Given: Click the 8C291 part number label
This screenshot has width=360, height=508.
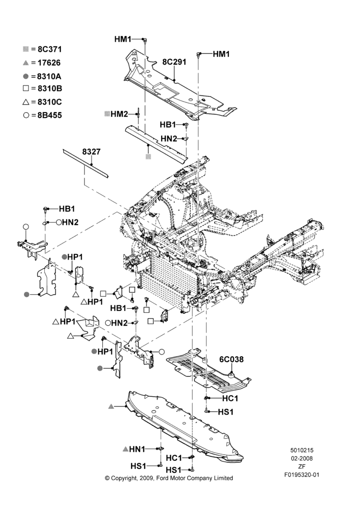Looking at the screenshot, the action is point(174,62).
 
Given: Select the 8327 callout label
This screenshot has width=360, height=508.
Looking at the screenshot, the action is point(91,151).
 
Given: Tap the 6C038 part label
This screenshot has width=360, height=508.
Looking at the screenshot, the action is point(231,359).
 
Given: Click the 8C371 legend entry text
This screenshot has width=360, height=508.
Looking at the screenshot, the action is point(50,49).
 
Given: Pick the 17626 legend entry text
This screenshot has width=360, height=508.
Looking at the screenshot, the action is point(49,63).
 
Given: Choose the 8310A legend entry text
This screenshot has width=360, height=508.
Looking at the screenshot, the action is point(49,77).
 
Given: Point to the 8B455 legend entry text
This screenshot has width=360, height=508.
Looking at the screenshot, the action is point(49,115).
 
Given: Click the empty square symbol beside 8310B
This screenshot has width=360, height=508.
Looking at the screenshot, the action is point(26,88).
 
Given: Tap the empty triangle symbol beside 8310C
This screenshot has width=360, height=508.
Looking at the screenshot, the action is point(26,102).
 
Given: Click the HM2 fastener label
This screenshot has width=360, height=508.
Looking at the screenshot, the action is point(119,114).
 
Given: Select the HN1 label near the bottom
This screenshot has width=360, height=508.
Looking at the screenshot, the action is point(137,449).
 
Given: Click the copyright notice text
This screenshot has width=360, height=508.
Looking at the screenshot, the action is point(169,478).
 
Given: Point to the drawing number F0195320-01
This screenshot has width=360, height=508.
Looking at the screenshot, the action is point(302,475).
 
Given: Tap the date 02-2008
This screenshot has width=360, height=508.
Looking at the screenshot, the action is point(302,458).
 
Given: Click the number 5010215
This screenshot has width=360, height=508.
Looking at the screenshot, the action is point(302,450).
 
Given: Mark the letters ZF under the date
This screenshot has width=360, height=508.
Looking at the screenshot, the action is point(302,466).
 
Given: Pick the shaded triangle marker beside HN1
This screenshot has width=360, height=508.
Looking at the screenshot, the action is point(126,449).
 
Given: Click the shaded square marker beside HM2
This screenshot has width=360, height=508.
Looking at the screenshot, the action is point(107,114).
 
